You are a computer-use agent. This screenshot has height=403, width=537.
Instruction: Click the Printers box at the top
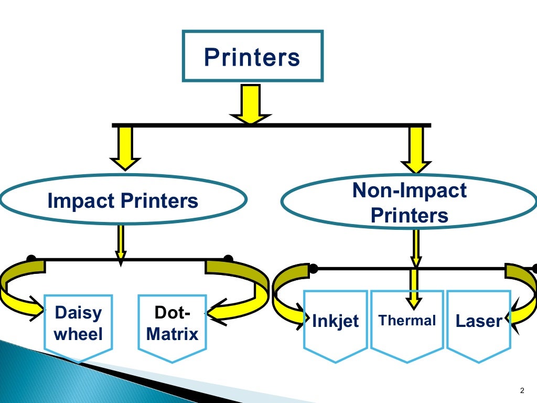pos(252,57)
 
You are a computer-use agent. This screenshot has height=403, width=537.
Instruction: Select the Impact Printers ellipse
pos(123,200)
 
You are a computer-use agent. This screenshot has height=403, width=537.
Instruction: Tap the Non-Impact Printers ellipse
pos(409,203)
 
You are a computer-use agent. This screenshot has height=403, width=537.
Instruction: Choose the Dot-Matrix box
pos(173,324)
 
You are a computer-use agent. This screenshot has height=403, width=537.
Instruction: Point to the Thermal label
pos(407,320)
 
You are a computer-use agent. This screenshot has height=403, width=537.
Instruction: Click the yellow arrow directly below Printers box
pos(251,104)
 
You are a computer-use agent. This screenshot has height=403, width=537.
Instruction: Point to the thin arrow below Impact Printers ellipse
pos(121,244)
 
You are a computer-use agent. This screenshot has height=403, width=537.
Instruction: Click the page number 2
pos(521,389)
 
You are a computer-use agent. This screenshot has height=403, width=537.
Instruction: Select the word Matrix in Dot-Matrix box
pos(173,334)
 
